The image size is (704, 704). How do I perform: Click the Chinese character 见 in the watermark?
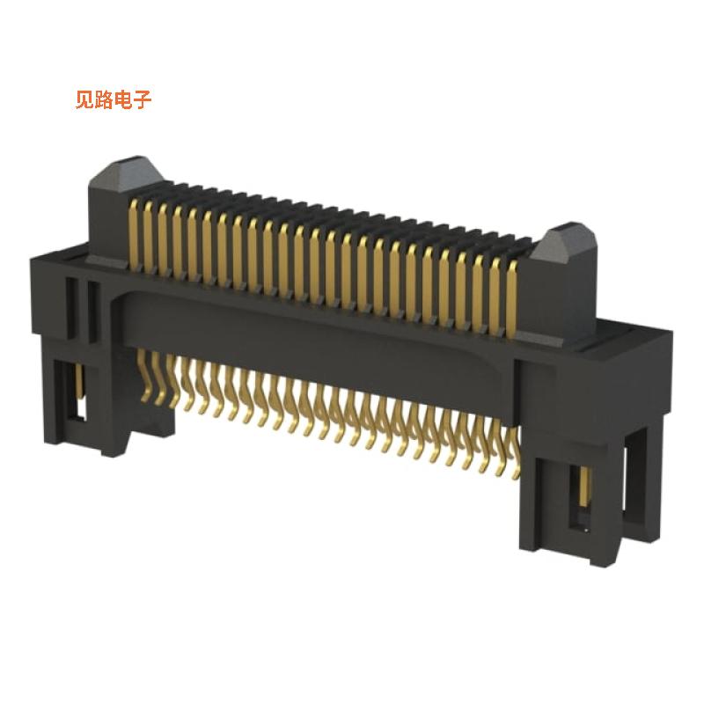pos(85,100)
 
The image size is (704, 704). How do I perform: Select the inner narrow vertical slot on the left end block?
pos(89,307)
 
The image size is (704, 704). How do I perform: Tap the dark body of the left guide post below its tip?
pos(110,220)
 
